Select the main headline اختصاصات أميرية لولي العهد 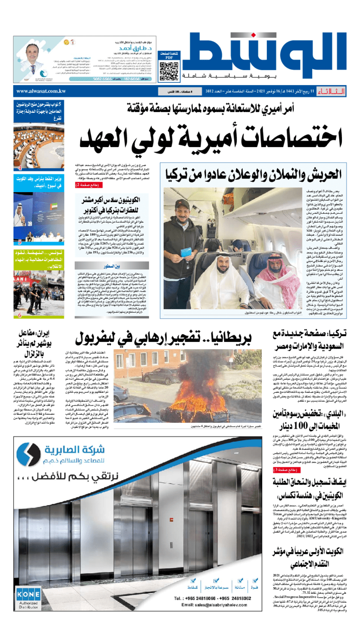(211, 137)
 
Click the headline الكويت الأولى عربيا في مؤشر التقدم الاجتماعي (311, 557)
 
